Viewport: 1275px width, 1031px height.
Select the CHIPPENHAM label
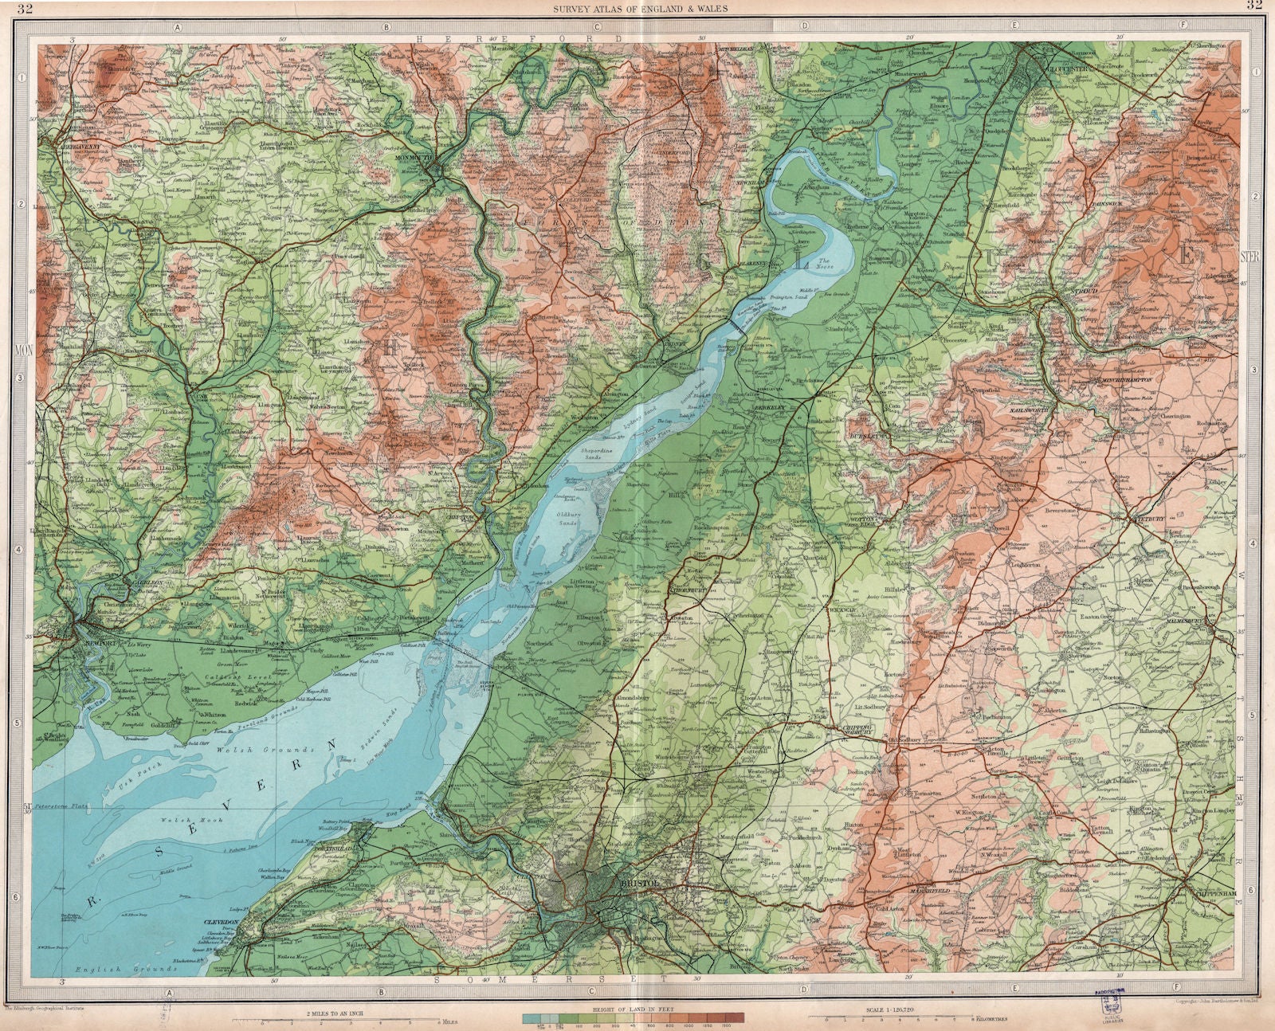point(1214,894)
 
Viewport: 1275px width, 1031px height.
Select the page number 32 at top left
point(25,9)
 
